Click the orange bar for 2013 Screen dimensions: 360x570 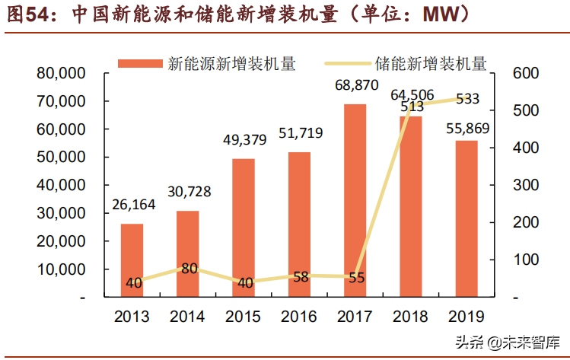click(x=132, y=260)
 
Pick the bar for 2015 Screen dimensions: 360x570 click(x=244, y=228)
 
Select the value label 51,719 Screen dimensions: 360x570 click(x=300, y=135)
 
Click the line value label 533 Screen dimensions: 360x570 click(x=467, y=98)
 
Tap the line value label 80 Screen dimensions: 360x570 click(x=189, y=268)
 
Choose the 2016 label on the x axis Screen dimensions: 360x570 click(x=299, y=316)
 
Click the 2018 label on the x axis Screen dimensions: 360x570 click(x=411, y=316)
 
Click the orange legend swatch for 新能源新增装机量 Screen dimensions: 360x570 click(x=140, y=64)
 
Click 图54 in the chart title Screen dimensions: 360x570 click(x=24, y=14)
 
